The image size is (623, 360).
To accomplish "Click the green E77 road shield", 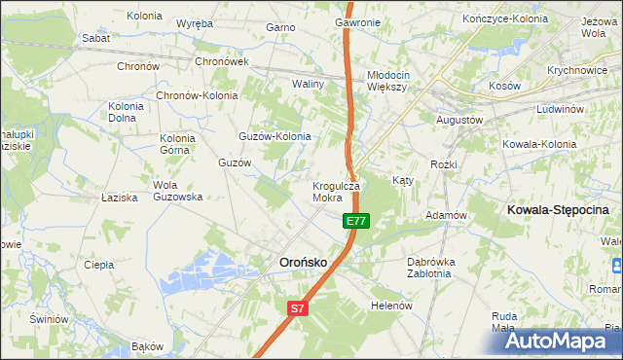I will [356, 221].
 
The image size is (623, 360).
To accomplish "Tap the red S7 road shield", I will [299, 308].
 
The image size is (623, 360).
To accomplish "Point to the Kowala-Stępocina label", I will [558, 209].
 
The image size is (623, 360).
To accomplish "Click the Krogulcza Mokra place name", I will [336, 192].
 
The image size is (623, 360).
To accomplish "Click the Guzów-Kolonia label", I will [275, 136].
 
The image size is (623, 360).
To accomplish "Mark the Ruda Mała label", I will [503, 322].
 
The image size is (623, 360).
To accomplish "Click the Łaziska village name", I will [120, 198].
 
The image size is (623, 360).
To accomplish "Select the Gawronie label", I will [357, 21].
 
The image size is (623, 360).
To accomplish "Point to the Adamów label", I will [448, 215].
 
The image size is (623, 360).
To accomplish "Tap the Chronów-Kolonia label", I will [198, 96].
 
